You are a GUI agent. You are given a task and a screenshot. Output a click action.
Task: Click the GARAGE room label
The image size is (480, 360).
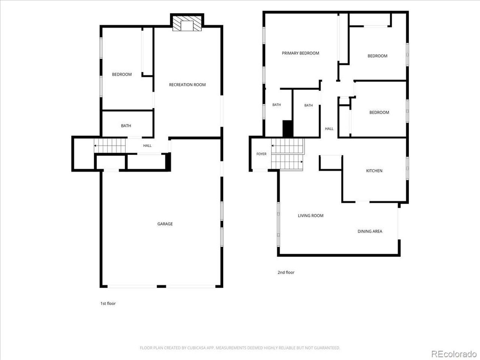pos(165,224)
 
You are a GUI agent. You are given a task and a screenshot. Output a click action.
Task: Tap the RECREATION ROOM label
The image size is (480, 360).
pos(187,85)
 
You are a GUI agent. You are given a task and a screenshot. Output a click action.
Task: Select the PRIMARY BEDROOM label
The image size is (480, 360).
pos(300,53)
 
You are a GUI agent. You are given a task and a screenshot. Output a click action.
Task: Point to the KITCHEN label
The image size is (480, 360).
pos(374,171)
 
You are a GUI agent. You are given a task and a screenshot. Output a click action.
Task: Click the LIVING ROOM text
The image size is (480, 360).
pos(310,216)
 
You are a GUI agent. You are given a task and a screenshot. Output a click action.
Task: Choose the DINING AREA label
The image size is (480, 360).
pos(370,231)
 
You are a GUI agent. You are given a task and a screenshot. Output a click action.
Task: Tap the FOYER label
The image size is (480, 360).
pos(261,154)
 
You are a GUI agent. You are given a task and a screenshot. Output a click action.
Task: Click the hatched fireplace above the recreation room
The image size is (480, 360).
pos(187,23)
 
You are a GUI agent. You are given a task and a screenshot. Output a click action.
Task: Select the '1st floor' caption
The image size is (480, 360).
pos(108,303)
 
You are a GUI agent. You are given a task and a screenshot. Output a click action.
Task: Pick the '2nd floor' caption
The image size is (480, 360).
pos(286,272)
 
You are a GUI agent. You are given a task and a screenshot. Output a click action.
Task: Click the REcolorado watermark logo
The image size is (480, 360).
pos(453,354)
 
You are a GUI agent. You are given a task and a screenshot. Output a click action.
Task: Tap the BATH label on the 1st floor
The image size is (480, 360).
pos(126,126)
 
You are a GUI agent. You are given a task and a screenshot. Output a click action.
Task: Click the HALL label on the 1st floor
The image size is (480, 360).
pos(147,145)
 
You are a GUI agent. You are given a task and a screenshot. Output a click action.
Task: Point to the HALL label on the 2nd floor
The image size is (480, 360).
pos(329,129)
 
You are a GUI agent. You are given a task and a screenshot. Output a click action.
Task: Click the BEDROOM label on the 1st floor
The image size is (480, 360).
pos(121,74)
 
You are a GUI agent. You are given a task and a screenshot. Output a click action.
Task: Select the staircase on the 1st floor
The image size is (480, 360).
pos(109,145)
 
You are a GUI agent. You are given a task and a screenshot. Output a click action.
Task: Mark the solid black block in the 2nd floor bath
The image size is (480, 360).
pos(288,129)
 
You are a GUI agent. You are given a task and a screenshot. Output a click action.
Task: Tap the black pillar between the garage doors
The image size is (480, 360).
pos(161,286)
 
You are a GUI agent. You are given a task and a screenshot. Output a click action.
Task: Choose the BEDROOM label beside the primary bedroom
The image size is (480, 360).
pos(377,56)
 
